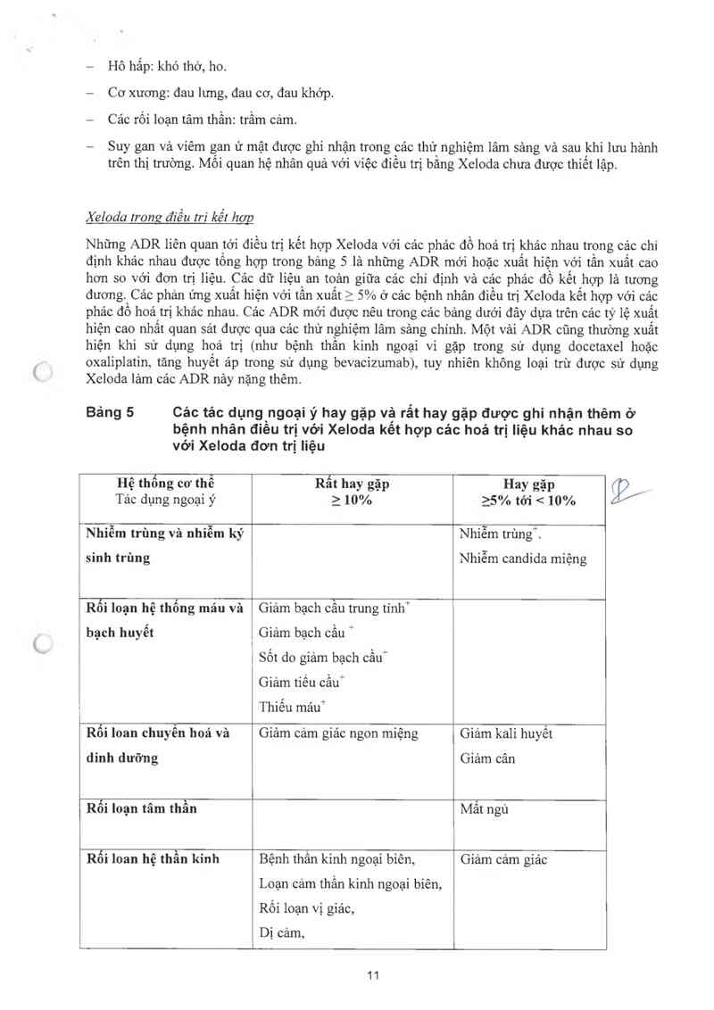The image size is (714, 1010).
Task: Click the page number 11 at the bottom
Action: pos(373,975)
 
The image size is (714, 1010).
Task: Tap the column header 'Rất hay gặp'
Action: pos(353,484)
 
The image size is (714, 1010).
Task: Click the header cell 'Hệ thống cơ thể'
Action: pos(167,484)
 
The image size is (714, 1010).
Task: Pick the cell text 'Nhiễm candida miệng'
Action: pos(523,559)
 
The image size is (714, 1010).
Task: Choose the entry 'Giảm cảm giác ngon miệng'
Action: pos(338,734)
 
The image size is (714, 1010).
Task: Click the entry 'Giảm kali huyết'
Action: pos(506,734)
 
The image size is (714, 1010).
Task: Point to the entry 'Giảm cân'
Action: pos(487,759)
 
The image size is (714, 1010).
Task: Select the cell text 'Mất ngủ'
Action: pos(485,809)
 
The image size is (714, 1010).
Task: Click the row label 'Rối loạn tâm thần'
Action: pos(142,809)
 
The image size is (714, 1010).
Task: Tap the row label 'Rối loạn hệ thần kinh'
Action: pos(153,859)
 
